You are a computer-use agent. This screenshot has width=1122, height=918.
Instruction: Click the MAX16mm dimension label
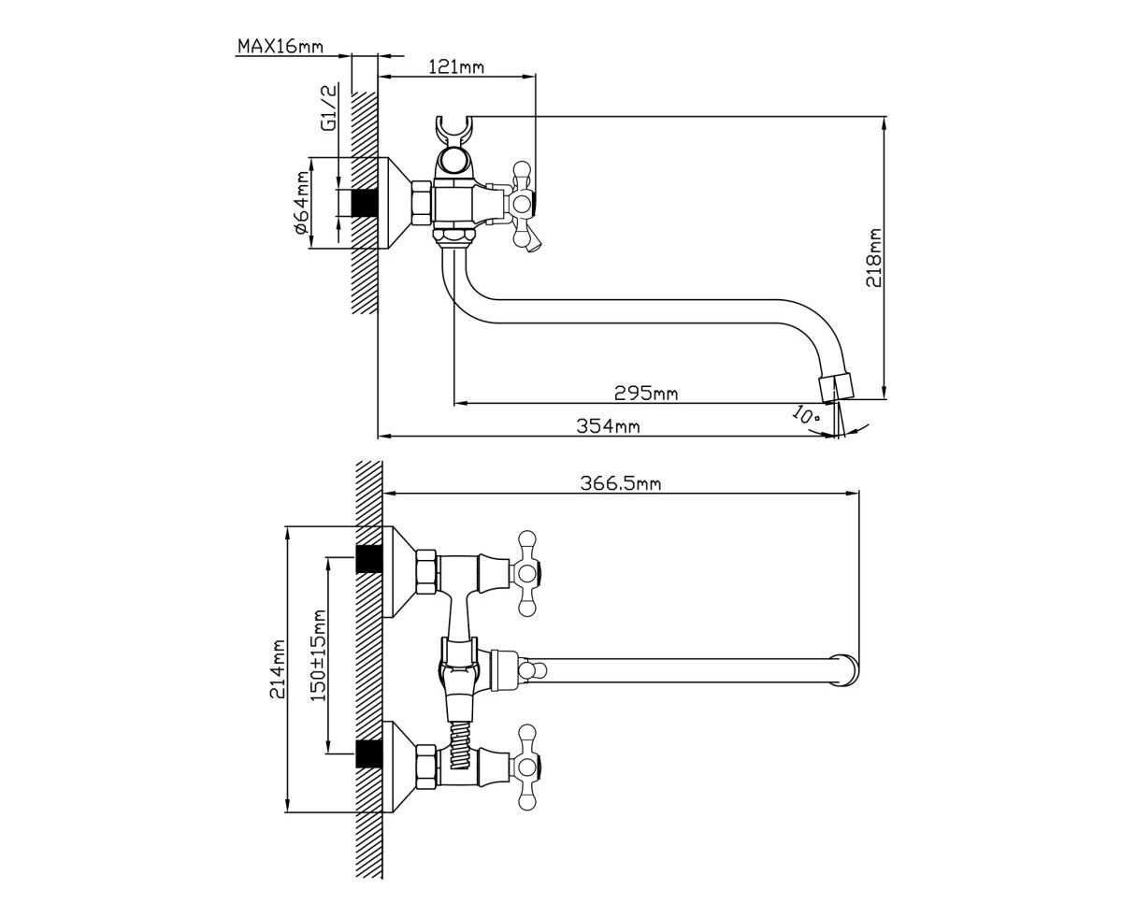pos(280,46)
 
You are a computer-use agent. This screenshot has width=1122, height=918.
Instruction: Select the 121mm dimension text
pos(456,67)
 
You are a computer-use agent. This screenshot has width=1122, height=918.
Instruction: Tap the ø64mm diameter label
pos(301,202)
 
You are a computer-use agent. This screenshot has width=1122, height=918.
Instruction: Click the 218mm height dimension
pos(873,257)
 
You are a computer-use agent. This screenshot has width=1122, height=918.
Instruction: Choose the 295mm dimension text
pos(646,393)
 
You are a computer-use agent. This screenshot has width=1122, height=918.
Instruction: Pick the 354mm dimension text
pos(608,426)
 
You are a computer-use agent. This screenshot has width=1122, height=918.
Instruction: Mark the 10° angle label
pos(805,414)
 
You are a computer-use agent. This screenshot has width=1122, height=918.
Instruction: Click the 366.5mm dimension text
pos(620,483)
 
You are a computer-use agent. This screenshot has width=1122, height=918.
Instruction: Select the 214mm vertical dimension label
pos(277,669)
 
